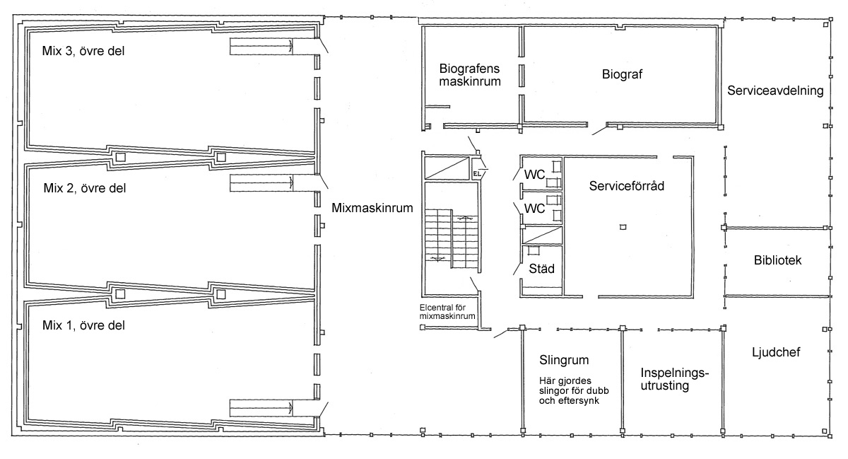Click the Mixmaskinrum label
[372, 208]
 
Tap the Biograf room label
[622, 74]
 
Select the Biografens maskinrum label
[470, 75]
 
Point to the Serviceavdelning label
[775, 91]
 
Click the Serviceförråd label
[627, 186]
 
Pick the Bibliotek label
[777, 260]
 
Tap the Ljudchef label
[776, 352]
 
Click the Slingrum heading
[564, 360]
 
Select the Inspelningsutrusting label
[675, 379]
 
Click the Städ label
[541, 269]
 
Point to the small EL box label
[476, 174]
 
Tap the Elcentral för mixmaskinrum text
[447, 312]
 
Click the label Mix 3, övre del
[83, 51]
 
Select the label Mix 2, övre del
[84, 188]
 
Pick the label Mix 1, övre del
[83, 325]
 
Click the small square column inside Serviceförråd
[623, 227]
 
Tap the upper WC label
[534, 175]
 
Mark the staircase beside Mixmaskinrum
[452, 240]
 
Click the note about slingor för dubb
[574, 391]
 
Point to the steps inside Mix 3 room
[261, 46]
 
